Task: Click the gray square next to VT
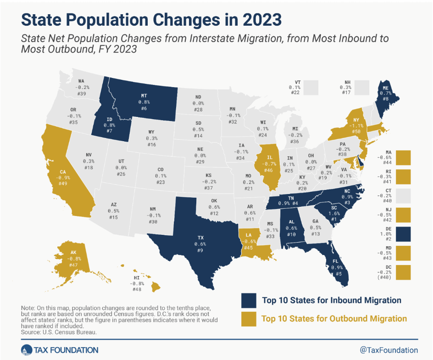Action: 313,87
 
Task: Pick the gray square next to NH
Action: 362,87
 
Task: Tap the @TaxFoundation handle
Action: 389,350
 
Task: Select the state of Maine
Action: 384,94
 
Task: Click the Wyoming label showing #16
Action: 152,145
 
